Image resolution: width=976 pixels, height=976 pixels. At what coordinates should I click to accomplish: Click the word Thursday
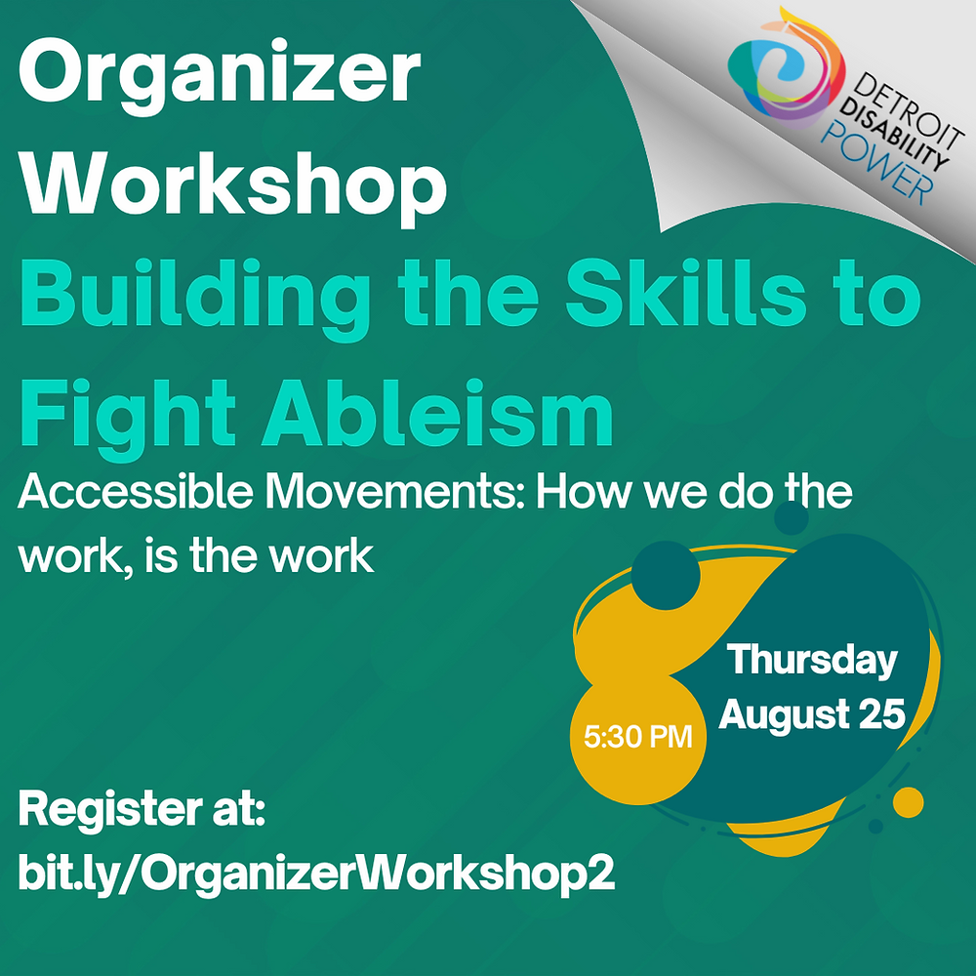point(812,660)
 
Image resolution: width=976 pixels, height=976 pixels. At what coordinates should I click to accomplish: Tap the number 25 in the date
point(880,714)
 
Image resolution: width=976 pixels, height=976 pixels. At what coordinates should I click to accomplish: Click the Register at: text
point(142,809)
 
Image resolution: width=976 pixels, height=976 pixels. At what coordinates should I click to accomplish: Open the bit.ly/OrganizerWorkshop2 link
point(317,872)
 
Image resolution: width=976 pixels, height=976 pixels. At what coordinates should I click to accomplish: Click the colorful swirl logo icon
point(780,78)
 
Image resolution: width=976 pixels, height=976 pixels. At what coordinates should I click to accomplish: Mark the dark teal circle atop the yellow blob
point(667,580)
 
